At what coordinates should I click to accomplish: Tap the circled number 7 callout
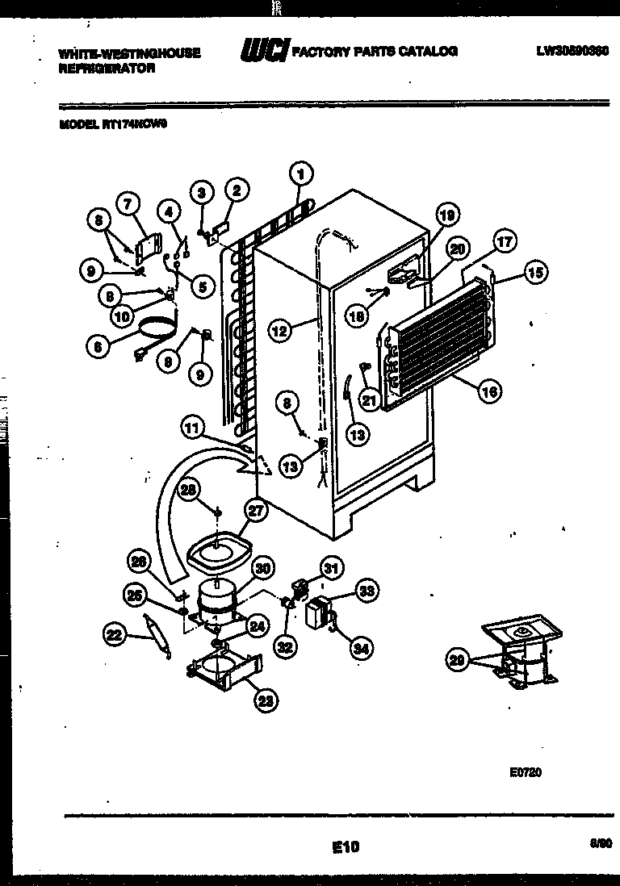click(128, 205)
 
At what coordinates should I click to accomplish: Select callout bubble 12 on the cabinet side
click(280, 328)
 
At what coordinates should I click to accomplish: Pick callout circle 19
click(447, 215)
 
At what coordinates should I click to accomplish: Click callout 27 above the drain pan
click(256, 510)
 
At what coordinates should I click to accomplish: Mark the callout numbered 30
click(261, 567)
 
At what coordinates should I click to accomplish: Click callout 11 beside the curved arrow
click(192, 430)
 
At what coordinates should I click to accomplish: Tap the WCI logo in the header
click(264, 52)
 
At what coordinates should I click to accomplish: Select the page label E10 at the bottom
click(346, 846)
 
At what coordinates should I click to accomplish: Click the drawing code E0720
click(525, 771)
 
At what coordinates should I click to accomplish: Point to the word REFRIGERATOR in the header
click(106, 69)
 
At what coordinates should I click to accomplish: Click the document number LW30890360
click(572, 50)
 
